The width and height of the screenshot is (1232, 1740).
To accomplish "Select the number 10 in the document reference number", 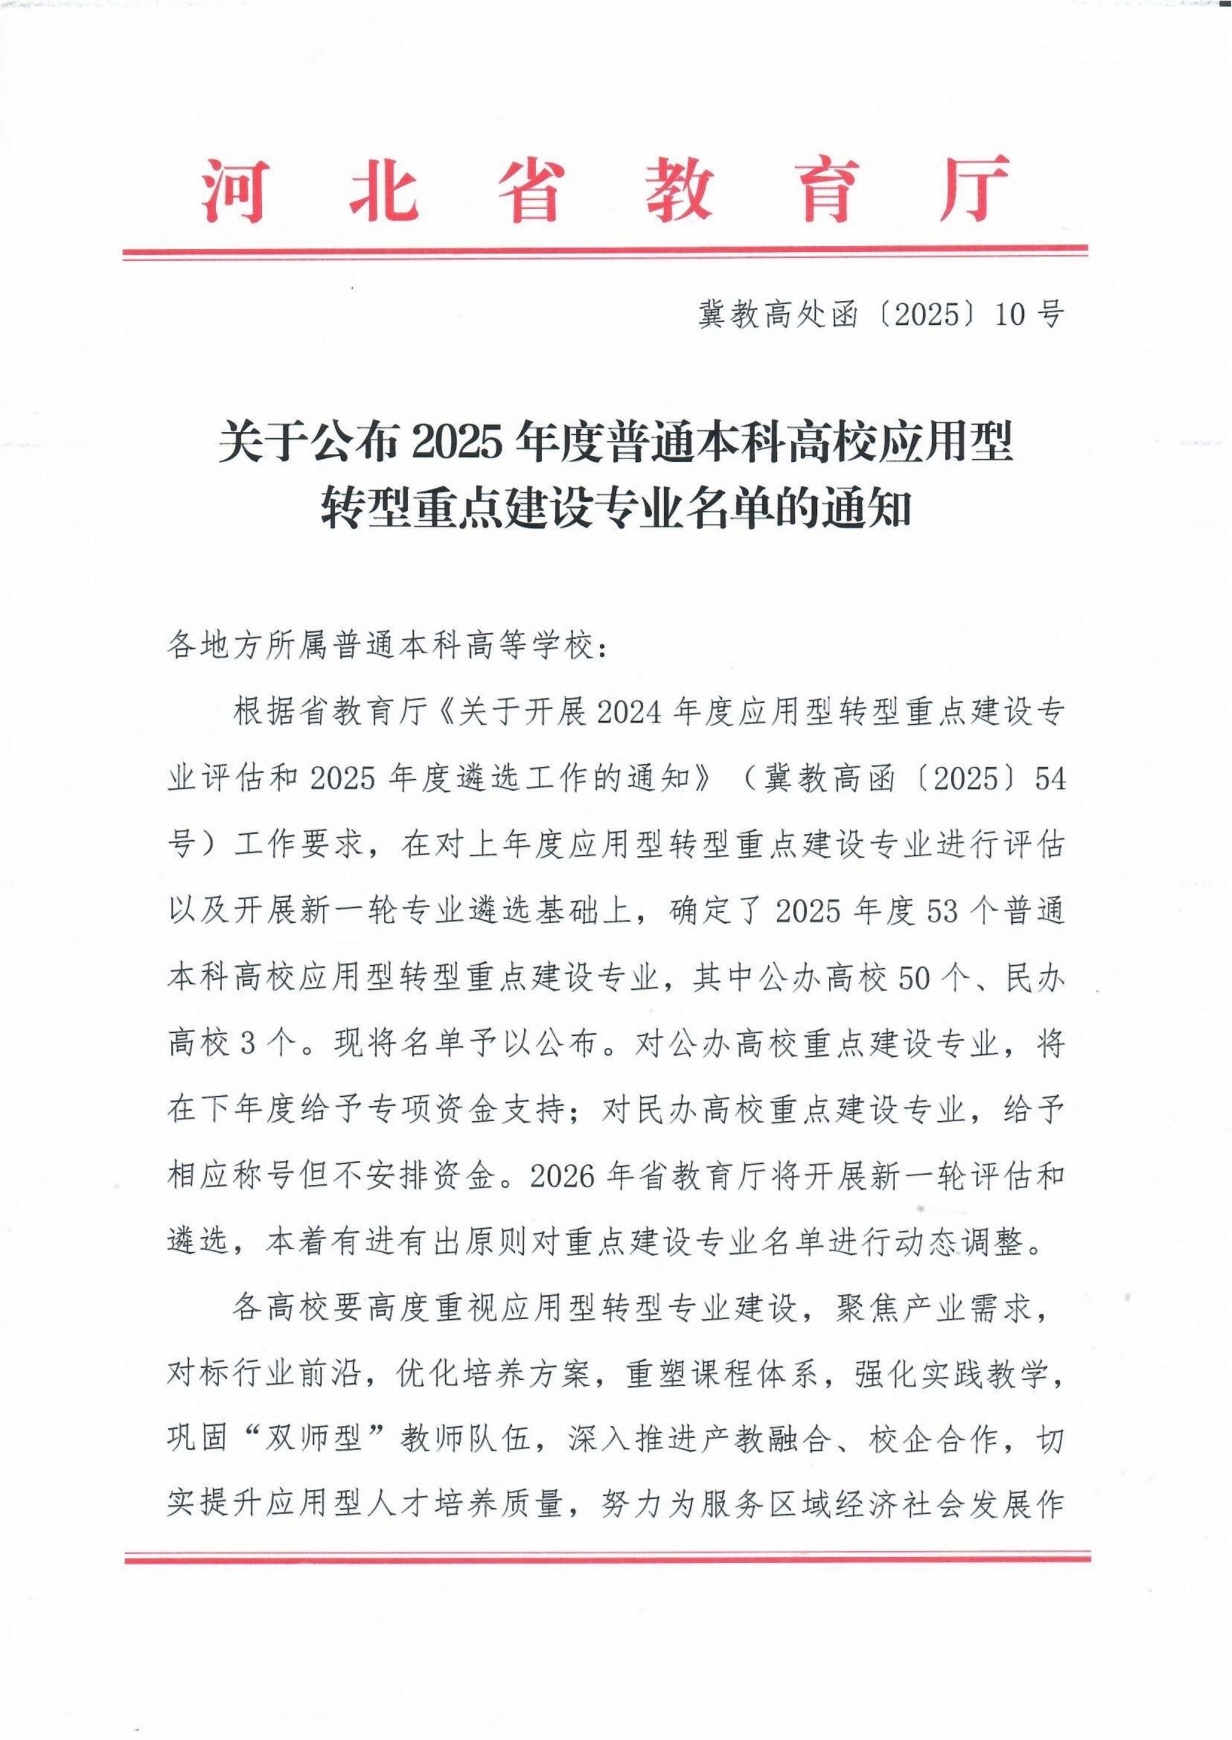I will click(1010, 315).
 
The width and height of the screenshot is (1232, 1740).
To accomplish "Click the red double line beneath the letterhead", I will click(605, 252).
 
